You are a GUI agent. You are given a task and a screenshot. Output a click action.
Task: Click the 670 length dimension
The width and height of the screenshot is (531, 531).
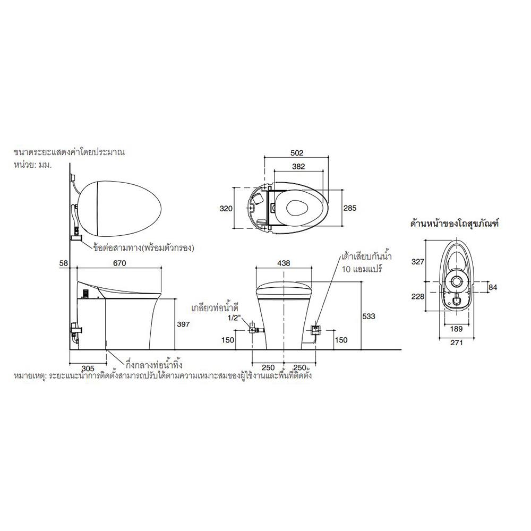pyautogui.click(x=119, y=263)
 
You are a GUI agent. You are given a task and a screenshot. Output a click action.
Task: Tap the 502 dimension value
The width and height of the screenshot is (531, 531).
pyautogui.click(x=297, y=153)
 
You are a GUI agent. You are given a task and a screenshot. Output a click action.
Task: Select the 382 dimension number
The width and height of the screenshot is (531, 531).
pyautogui.click(x=298, y=166)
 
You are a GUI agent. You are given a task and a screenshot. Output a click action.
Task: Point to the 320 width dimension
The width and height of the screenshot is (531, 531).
pyautogui.click(x=226, y=208)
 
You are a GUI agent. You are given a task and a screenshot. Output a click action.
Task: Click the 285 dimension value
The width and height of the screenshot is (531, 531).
pyautogui.click(x=350, y=208)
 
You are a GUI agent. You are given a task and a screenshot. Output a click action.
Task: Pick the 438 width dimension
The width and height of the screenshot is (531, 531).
pyautogui.click(x=284, y=263)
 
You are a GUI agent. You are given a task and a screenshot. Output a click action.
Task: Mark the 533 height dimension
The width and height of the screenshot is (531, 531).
pyautogui.click(x=369, y=316)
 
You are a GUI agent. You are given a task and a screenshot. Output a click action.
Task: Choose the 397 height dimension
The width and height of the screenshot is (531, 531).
pyautogui.click(x=183, y=324)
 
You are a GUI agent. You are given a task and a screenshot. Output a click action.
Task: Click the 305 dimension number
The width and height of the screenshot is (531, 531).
pyautogui.click(x=88, y=368)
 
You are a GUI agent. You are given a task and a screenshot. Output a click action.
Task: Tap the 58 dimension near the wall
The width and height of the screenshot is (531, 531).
pyautogui.click(x=64, y=263)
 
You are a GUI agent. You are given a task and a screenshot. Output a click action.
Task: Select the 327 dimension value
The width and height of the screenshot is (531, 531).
pyautogui.click(x=417, y=261)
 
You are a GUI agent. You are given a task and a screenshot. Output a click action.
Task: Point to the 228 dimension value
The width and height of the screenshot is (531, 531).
pyautogui.click(x=417, y=296)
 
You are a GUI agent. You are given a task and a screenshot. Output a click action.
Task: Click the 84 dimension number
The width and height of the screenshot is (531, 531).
pyautogui.click(x=493, y=287)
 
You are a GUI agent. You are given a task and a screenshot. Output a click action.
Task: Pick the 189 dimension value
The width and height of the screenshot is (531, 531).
pyautogui.click(x=456, y=329)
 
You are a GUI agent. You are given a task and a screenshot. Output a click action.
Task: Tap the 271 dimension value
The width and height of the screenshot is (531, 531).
pyautogui.click(x=457, y=342)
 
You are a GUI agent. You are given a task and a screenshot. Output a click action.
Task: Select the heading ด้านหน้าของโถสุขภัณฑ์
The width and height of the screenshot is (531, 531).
pyautogui.click(x=455, y=224)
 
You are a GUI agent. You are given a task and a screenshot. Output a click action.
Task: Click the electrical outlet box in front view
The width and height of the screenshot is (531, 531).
pyautogui.click(x=315, y=329)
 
